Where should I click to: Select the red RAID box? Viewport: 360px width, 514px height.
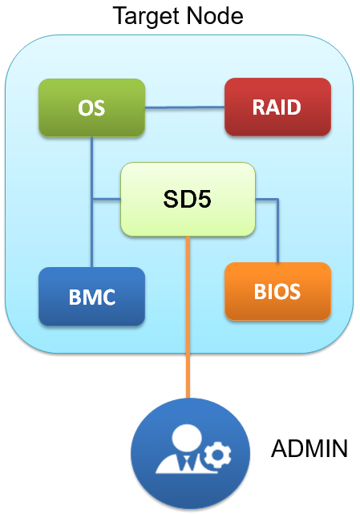coord(277,107)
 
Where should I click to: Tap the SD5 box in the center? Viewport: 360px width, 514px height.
coord(188,200)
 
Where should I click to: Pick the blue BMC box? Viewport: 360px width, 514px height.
coord(91,297)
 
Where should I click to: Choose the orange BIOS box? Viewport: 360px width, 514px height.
coord(277,290)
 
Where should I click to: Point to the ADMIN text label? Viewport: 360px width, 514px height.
coord(309,448)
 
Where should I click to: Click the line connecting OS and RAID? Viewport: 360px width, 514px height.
coord(184,107)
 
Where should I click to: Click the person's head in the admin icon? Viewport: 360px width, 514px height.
coord(182,438)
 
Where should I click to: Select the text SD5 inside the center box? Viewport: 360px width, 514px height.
coord(188,200)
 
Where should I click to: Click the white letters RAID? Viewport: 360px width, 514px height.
coord(277,107)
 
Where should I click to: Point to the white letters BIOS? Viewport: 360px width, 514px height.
coord(277,290)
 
